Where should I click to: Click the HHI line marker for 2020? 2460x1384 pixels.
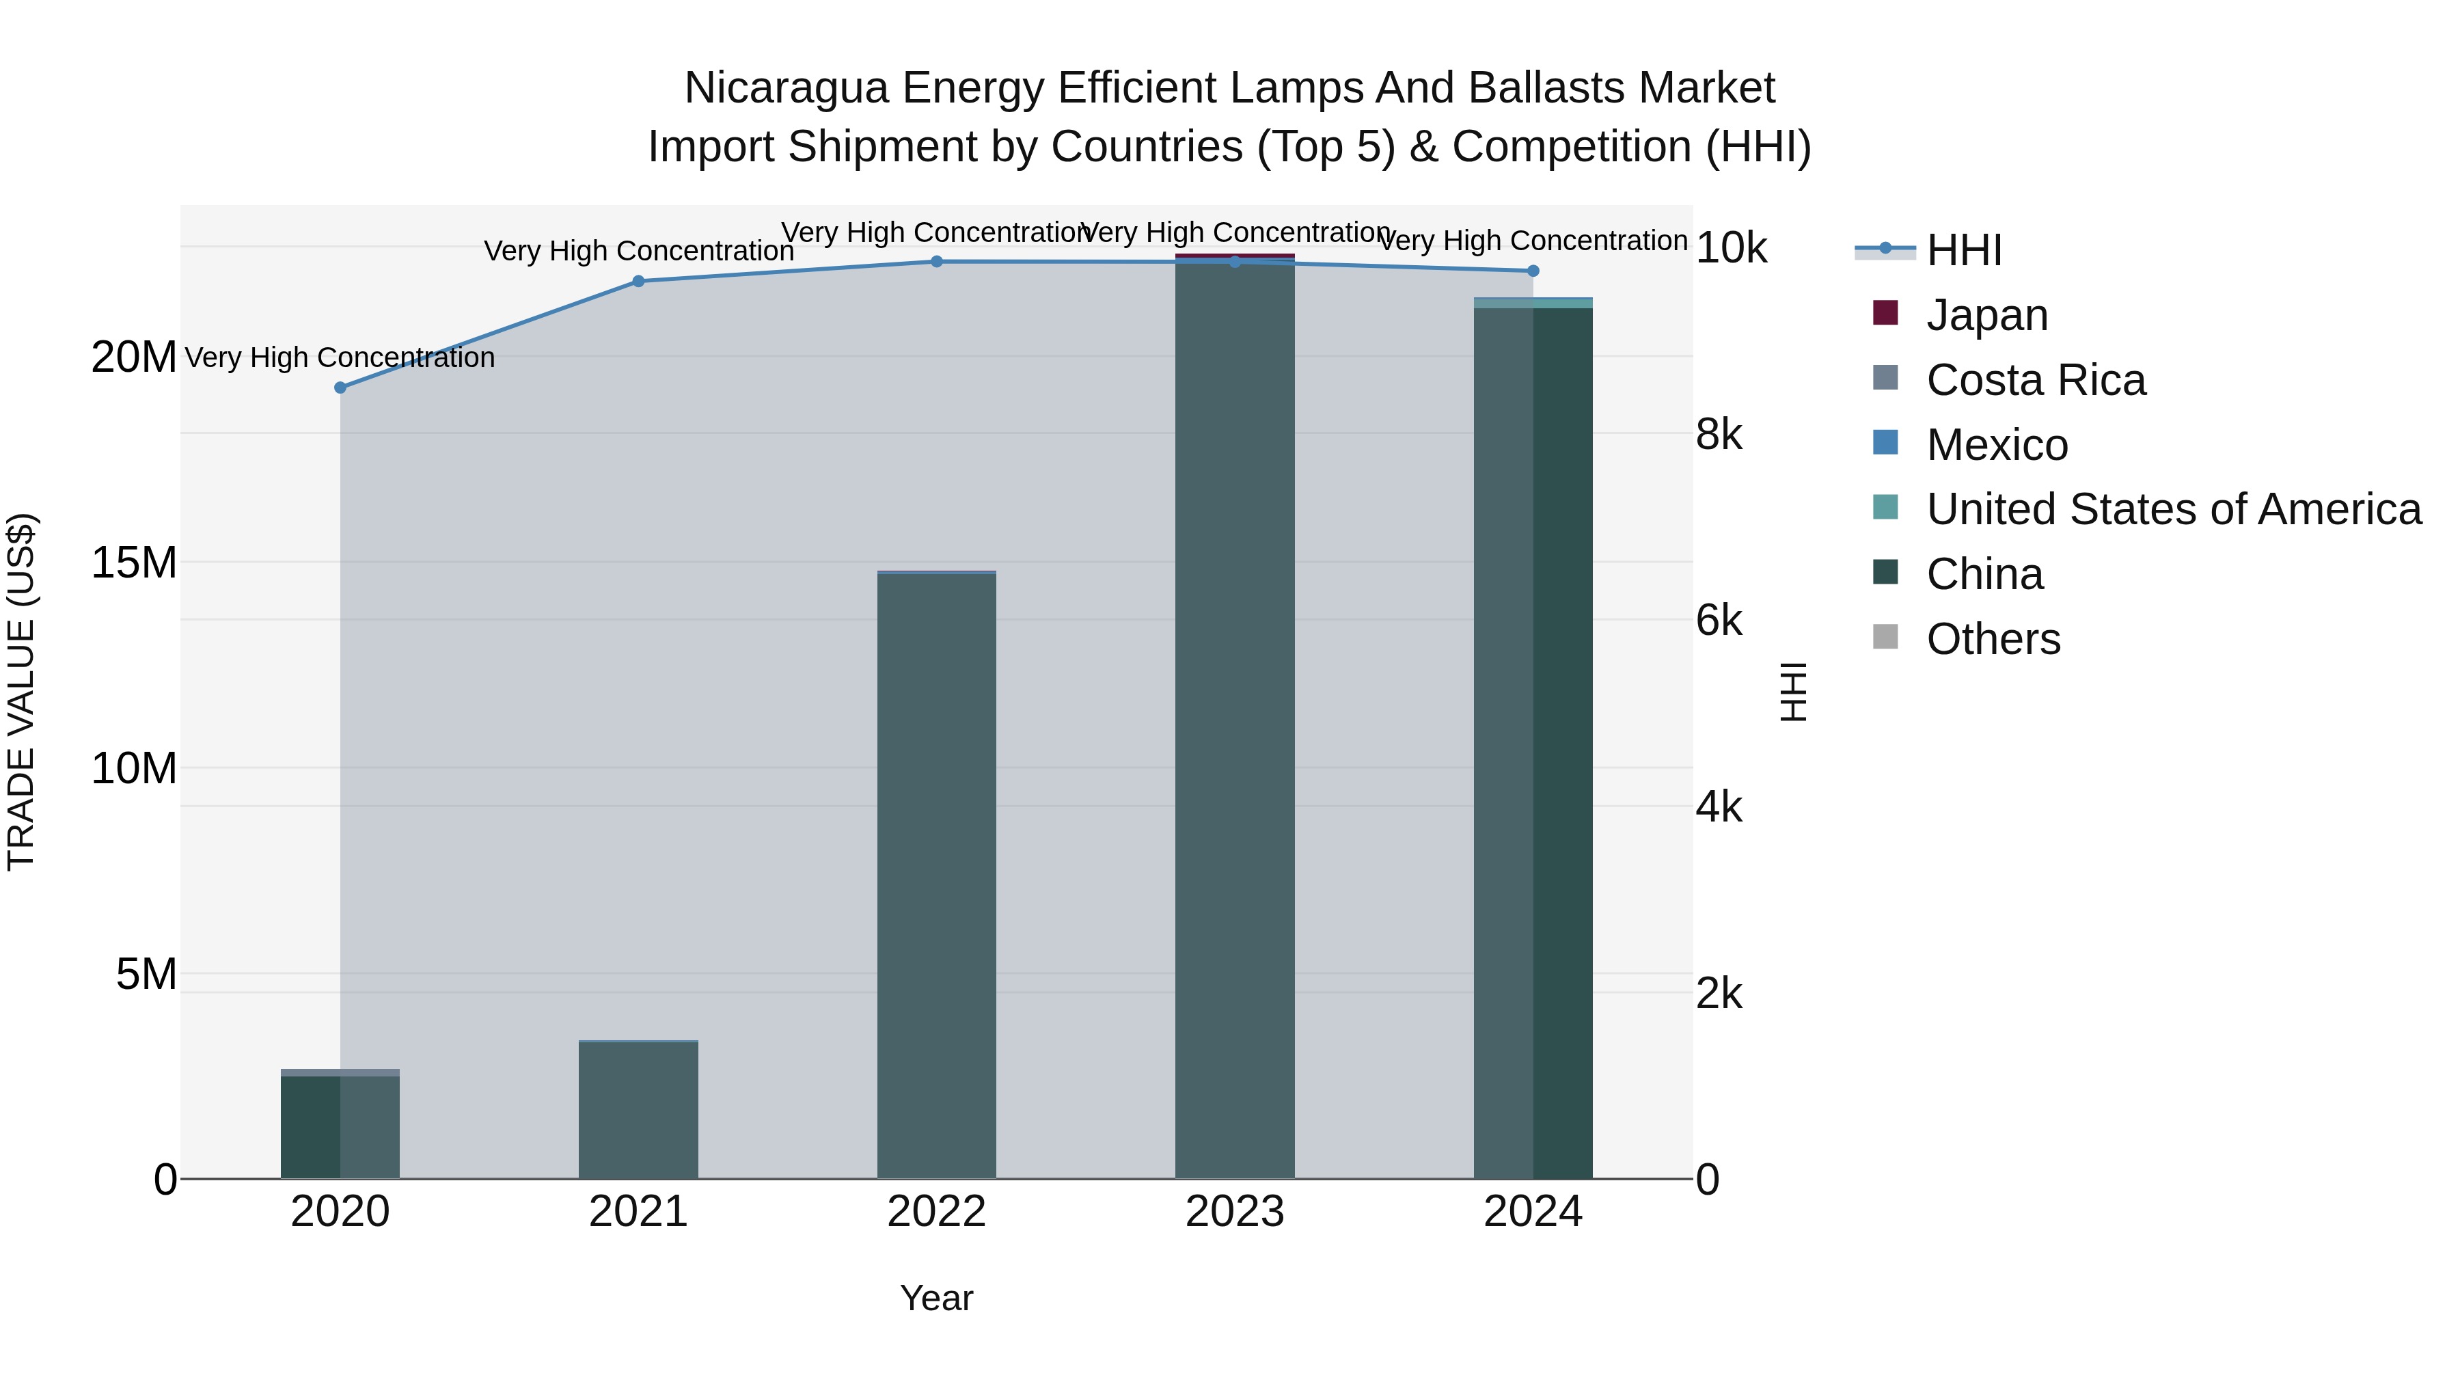(x=340, y=388)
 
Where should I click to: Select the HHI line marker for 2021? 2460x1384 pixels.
(x=639, y=281)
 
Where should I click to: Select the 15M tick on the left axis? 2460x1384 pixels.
(x=134, y=562)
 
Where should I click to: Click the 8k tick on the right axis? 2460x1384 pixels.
(x=1719, y=435)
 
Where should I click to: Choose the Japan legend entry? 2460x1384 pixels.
(x=1986, y=315)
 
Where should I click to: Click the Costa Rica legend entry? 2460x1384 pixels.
(x=2035, y=380)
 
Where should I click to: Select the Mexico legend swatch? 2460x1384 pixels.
(x=1886, y=443)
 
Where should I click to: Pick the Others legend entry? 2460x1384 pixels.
(x=1993, y=639)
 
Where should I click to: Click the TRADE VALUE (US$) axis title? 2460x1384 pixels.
(x=21, y=692)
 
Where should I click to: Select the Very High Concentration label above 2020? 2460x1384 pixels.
(x=340, y=357)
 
